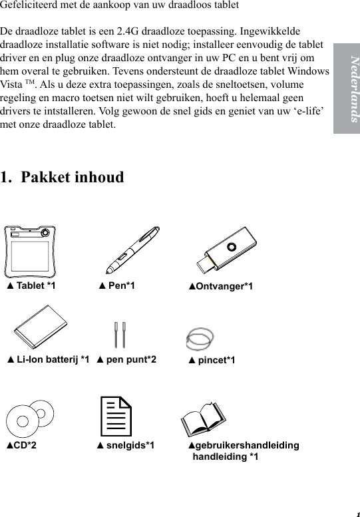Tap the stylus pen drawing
pos(132,250)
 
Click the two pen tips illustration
pos(120,335)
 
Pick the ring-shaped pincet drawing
pos(200,337)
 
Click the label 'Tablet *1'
pos(31,286)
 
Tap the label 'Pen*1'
pos(117,286)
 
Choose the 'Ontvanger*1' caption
pos(220,287)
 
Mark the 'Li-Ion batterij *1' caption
pos(48,360)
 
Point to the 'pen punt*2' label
pos(126,360)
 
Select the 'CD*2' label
pos(21,445)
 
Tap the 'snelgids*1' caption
pos(126,445)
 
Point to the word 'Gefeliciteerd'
pos(31,6)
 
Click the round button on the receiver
pos(231,245)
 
